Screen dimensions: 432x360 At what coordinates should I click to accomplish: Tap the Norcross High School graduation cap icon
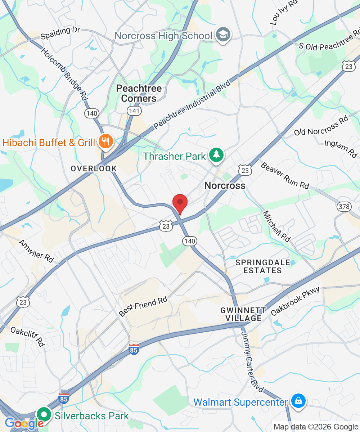pyautogui.click(x=223, y=35)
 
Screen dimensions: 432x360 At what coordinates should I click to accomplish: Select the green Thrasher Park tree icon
pyautogui.click(x=216, y=155)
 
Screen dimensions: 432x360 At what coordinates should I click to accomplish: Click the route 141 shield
pyautogui.click(x=134, y=111)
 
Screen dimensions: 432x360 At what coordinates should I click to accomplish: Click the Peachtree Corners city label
pyautogui.click(x=139, y=93)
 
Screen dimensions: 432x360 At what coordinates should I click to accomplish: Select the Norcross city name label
pyautogui.click(x=225, y=186)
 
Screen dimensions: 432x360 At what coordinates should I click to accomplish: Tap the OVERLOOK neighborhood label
pyautogui.click(x=94, y=168)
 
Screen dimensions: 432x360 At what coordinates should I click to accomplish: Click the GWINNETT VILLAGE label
pyautogui.click(x=243, y=314)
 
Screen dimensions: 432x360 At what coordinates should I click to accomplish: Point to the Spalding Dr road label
pyautogui.click(x=60, y=33)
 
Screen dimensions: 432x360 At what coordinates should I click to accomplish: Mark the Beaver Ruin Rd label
pyautogui.click(x=284, y=176)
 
